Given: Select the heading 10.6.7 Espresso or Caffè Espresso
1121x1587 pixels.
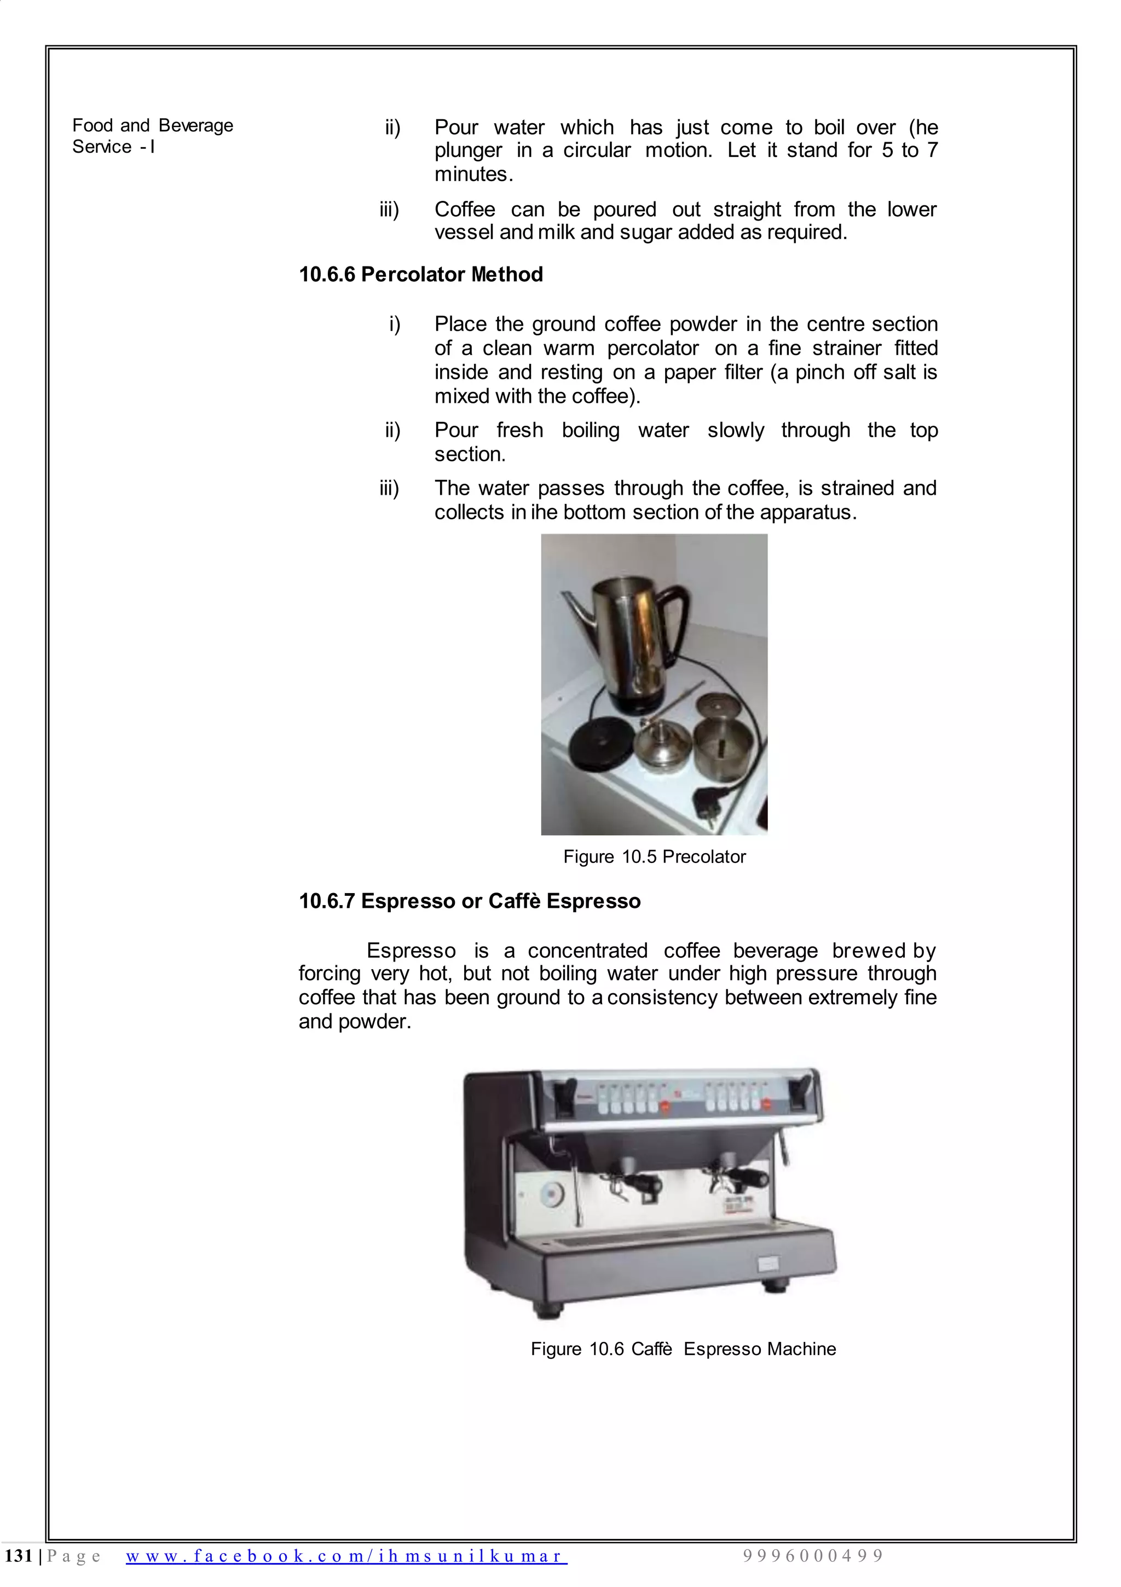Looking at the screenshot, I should coord(469,901).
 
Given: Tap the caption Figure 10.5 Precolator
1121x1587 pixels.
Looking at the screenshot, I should coord(654,856).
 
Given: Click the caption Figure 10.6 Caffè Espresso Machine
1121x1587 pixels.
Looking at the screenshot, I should coord(683,1348).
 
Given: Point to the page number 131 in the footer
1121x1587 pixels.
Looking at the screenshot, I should coord(19,1556).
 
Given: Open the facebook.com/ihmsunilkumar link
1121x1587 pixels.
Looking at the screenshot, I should coord(346,1556).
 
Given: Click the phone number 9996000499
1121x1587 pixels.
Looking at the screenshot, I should coord(813,1556).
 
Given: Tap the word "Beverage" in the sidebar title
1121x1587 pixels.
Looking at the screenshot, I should coord(196,126).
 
